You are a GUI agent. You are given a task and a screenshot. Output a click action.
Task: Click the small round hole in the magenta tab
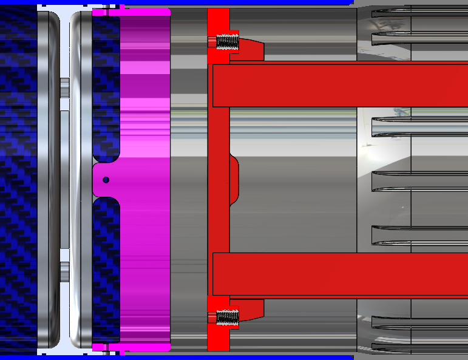point(106,180)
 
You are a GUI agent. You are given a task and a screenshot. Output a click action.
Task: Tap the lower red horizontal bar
point(340,274)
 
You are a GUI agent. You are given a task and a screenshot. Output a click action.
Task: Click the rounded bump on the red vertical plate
point(234,180)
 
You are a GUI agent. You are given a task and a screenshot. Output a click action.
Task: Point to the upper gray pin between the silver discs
point(64,84)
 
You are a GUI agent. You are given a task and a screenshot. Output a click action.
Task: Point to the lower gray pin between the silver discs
point(64,268)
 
